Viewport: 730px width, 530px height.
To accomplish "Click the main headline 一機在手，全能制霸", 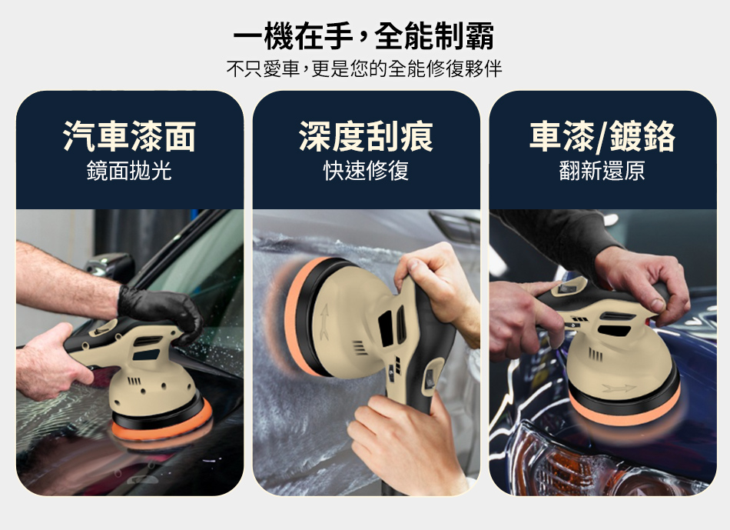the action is (x=363, y=36).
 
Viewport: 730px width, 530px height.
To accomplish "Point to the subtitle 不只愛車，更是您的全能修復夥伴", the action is (x=364, y=68).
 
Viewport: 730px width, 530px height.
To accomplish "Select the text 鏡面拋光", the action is (x=129, y=170).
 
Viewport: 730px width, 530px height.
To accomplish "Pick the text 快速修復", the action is (x=366, y=170).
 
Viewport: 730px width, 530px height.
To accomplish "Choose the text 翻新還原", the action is (x=602, y=170).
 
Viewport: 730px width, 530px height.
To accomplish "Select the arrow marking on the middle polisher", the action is (x=324, y=322).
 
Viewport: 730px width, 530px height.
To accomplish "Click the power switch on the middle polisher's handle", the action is (x=429, y=380).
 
